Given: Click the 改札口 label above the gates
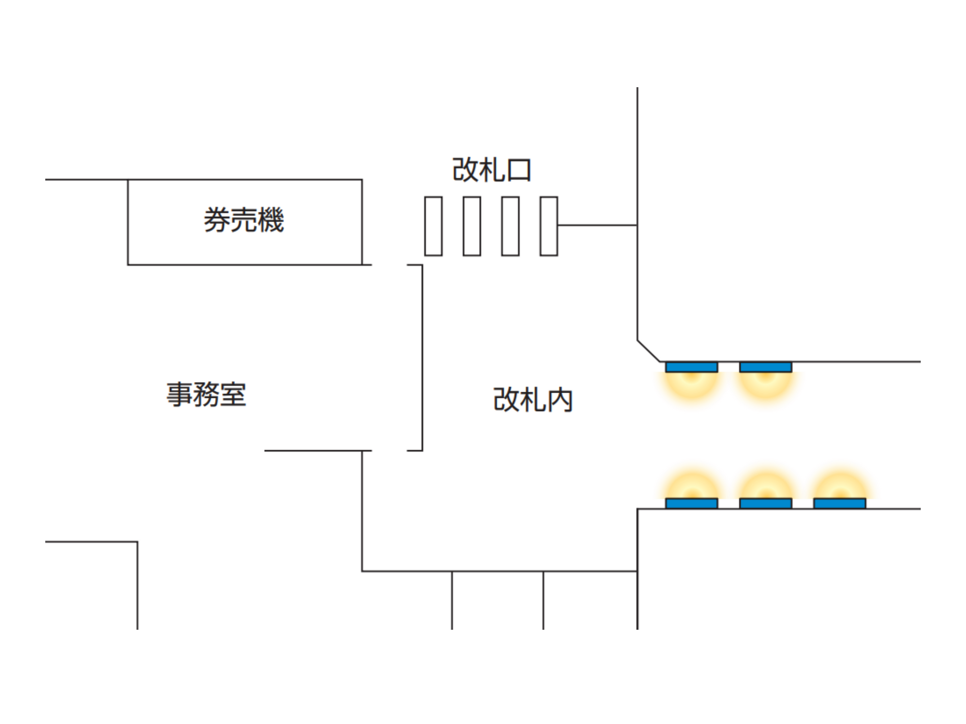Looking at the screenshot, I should click(x=491, y=170).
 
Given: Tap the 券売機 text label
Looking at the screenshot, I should click(x=243, y=220).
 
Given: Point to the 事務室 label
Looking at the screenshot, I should click(x=206, y=395).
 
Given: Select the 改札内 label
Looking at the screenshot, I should click(x=533, y=400).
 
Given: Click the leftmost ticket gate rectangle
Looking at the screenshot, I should click(x=433, y=226).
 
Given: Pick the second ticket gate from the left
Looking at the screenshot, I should click(x=472, y=226).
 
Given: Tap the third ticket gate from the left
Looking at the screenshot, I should click(x=510, y=226).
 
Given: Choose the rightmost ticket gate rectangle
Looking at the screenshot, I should click(x=549, y=226).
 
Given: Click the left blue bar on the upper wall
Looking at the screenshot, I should click(x=691, y=367).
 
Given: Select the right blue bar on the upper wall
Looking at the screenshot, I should click(x=765, y=367).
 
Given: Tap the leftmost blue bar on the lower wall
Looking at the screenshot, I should click(x=691, y=503).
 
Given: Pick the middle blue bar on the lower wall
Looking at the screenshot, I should click(x=765, y=503).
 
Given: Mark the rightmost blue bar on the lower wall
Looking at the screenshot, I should click(x=839, y=503).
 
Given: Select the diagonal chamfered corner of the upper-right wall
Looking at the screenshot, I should click(x=648, y=351).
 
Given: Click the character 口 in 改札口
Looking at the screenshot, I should click(x=519, y=171).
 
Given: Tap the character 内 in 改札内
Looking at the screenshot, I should click(x=560, y=400).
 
